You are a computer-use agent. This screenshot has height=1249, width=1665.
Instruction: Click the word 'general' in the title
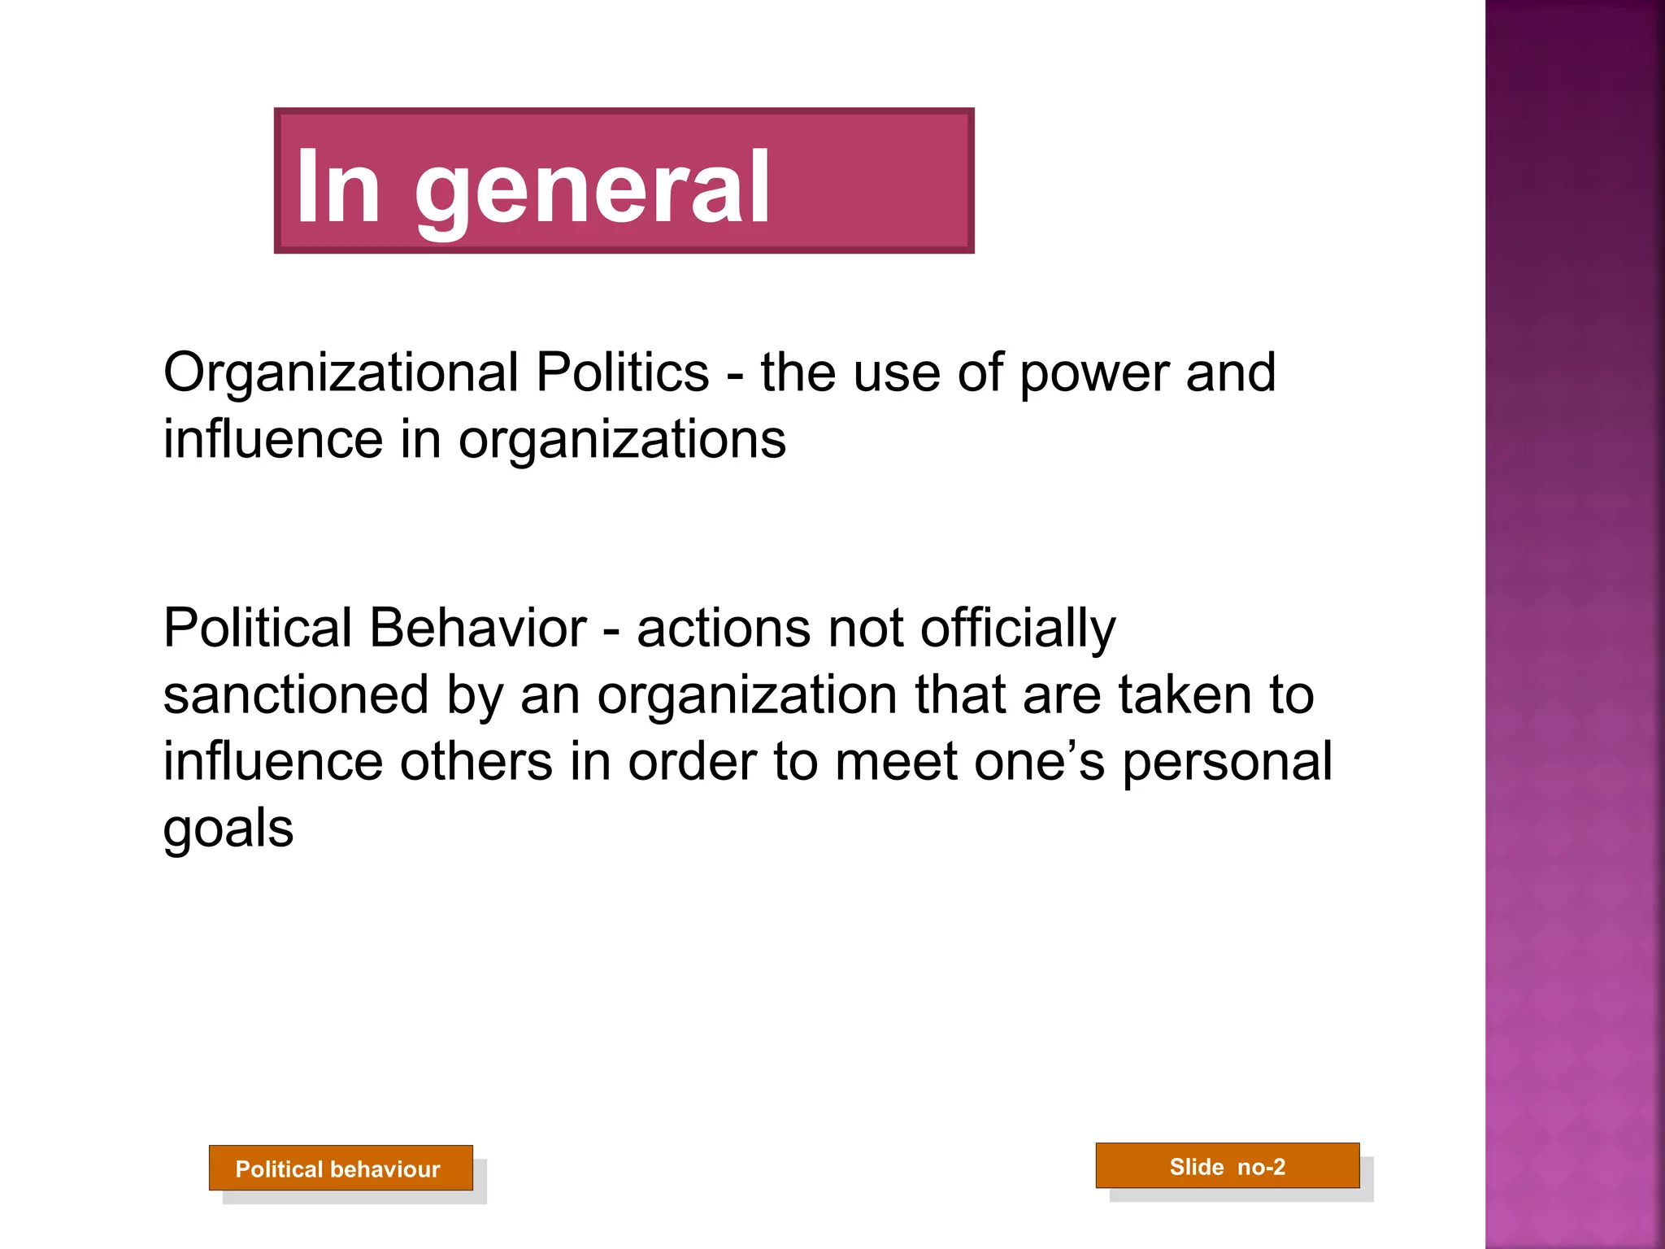[x=593, y=189]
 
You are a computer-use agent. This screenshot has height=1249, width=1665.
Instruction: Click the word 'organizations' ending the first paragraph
[x=622, y=441]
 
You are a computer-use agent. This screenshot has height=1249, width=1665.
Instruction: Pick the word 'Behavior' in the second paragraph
[x=477, y=628]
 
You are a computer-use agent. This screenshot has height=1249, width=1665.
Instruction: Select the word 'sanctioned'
[x=296, y=695]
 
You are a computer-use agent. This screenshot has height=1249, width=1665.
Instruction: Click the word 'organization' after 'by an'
[x=747, y=697]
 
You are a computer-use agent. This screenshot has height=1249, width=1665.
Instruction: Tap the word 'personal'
[x=1227, y=764]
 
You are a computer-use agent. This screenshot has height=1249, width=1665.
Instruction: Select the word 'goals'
[x=228, y=829]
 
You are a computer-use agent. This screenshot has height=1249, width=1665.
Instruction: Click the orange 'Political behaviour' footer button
[x=341, y=1168]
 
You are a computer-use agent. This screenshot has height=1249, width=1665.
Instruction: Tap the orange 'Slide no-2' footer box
[x=1228, y=1166]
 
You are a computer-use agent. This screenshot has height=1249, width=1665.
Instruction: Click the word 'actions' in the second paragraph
[x=724, y=628]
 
